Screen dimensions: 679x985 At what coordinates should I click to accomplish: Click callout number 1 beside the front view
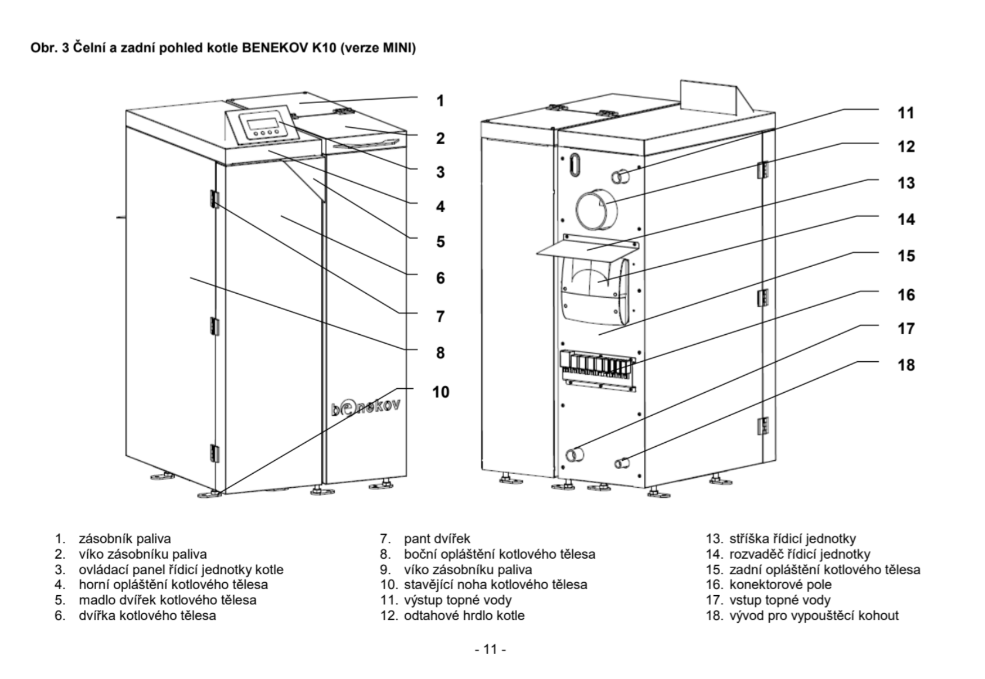[440, 101]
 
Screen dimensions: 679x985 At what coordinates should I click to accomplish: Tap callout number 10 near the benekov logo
[441, 392]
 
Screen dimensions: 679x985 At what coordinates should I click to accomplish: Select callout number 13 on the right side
[906, 183]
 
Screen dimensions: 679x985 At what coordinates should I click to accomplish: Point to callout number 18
[906, 365]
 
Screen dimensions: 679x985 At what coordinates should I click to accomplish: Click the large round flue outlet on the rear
[597, 210]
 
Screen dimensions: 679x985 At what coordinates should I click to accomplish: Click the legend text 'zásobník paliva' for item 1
[125, 538]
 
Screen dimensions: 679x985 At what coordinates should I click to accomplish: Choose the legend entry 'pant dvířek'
[437, 538]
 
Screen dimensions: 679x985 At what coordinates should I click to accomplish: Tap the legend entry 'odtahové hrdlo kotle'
[464, 615]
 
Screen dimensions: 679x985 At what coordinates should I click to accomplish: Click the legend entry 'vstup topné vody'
[779, 600]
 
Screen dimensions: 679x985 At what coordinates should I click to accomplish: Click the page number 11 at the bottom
[490, 649]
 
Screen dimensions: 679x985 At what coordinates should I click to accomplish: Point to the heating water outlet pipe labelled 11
[620, 175]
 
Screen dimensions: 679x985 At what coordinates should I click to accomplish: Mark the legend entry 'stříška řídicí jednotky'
[792, 538]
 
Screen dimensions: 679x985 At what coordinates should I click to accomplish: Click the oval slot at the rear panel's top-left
[575, 165]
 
